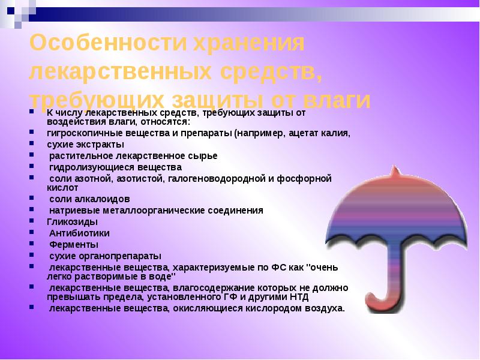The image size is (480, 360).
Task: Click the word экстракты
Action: [x=100, y=145]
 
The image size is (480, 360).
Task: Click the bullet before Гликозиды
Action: [x=31, y=221]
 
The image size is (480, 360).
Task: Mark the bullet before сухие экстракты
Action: [x=31, y=145]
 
